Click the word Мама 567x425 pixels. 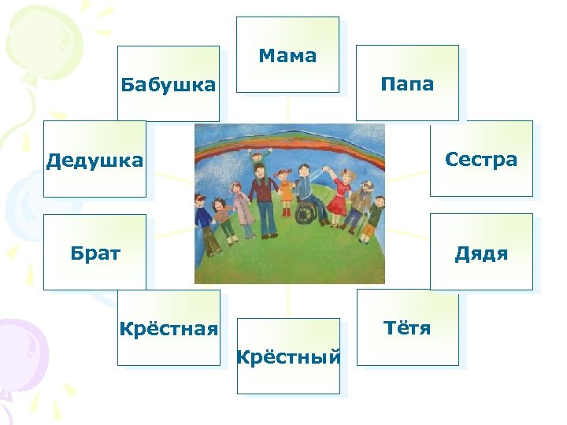(287, 56)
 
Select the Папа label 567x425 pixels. (407, 84)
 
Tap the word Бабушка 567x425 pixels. (168, 85)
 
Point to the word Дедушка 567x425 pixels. (94, 161)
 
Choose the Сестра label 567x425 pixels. (481, 160)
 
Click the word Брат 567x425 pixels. (95, 253)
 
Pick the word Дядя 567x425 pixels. (481, 253)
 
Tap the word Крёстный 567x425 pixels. (288, 358)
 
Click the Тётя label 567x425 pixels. (407, 327)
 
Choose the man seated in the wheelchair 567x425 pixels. (304, 195)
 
